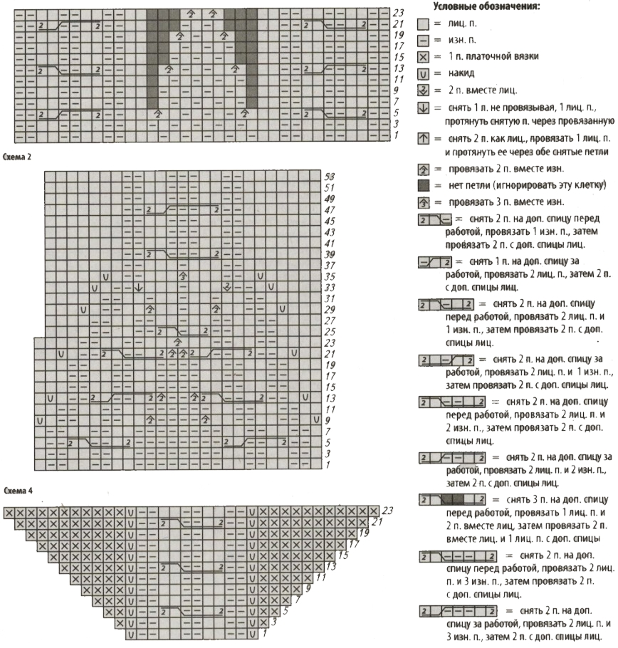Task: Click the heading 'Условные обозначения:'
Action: (x=486, y=7)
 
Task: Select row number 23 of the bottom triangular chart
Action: (x=387, y=511)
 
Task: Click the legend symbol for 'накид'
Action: (x=423, y=73)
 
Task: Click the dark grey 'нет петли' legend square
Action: (x=423, y=187)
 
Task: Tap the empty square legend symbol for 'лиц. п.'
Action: (x=423, y=24)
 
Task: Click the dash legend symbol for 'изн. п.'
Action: (x=423, y=41)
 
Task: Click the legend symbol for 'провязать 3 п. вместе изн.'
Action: (x=423, y=203)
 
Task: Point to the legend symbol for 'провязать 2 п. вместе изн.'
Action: (x=423, y=169)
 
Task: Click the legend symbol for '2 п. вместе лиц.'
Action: (x=423, y=90)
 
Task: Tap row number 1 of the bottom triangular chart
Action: (x=264, y=633)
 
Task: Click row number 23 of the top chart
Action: (x=399, y=13)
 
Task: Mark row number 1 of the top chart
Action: (x=397, y=135)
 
